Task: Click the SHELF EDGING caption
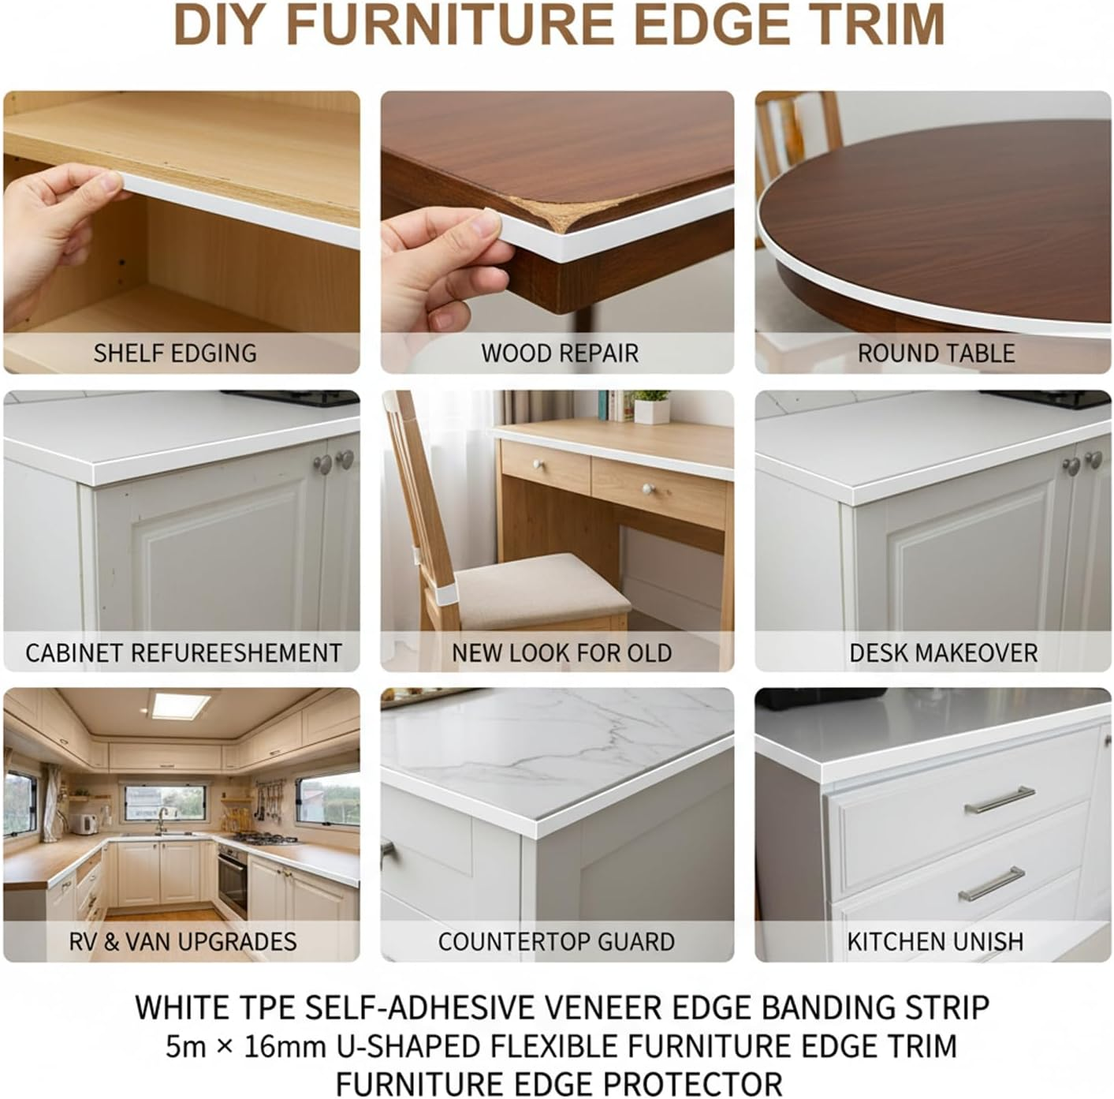[175, 353]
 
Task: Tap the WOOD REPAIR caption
[560, 353]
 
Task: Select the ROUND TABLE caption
[936, 353]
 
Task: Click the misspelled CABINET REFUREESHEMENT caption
[184, 653]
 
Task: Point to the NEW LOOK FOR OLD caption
[561, 653]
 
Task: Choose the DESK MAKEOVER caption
[943, 653]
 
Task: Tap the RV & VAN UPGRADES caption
[183, 941]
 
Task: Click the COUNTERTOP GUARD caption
[557, 941]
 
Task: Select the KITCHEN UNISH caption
[935, 941]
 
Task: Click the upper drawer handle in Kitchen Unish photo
[1000, 800]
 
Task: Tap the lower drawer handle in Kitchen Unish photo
[992, 884]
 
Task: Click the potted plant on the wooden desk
[653, 406]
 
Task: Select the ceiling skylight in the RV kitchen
[181, 705]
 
